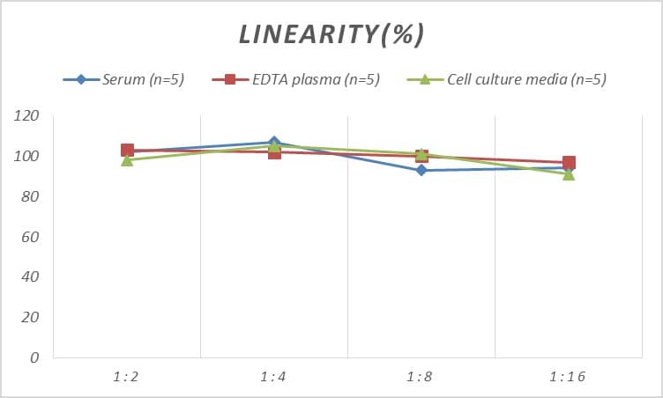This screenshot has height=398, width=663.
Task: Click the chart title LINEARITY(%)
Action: point(331,34)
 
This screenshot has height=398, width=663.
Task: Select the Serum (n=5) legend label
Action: point(142,79)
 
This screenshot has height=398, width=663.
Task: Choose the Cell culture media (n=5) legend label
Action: point(526,79)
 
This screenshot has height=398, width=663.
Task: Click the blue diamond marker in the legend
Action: point(81,79)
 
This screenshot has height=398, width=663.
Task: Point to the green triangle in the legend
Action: point(423,79)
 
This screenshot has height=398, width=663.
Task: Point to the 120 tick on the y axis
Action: point(27,116)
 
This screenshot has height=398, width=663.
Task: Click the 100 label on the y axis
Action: point(27,157)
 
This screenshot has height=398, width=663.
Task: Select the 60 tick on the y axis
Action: point(31,237)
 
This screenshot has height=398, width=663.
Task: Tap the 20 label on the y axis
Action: point(31,317)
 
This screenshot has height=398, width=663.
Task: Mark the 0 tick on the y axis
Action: point(34,357)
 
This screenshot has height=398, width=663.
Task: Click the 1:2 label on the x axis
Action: point(127,377)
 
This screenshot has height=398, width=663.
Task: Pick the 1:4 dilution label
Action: point(274,377)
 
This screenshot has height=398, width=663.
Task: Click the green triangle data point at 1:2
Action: point(127,160)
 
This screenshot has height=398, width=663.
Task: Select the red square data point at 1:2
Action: point(127,151)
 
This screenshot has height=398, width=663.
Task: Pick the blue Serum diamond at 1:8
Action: point(421,170)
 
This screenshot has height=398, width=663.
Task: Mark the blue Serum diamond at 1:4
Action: point(274,142)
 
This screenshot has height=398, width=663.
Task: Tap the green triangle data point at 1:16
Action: point(569,174)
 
